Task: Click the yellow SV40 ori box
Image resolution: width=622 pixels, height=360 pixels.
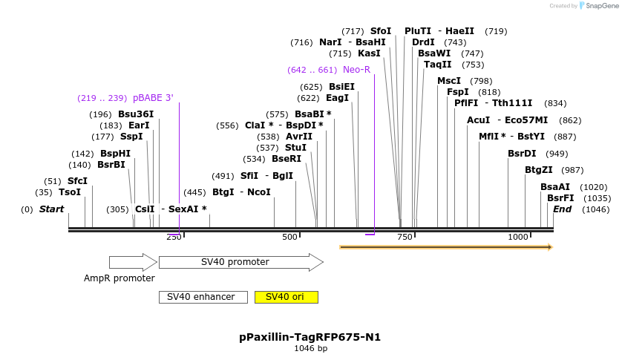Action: coord(286,297)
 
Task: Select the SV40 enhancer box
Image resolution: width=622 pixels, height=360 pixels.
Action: coord(202,297)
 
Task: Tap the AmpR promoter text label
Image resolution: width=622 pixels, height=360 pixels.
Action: coord(120,278)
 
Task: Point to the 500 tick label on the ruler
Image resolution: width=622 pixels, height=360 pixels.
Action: coord(289,237)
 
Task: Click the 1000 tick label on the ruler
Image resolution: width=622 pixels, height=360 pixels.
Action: coord(517,237)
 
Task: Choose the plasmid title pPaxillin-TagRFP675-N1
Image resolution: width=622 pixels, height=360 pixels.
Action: coord(310,337)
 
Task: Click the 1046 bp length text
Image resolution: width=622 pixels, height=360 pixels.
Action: coord(310,348)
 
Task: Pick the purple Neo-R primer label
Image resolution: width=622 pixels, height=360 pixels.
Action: coord(356,70)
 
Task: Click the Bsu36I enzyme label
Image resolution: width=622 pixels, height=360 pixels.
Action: coord(136,114)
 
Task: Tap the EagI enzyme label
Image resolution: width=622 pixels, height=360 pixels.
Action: coord(337,98)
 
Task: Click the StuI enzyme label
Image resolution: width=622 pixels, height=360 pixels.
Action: coord(295,148)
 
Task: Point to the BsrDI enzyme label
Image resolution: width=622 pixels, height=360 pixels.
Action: coord(522,154)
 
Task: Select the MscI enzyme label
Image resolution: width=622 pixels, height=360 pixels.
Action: coord(449,81)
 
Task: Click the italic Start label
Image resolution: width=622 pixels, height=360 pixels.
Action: coord(51,209)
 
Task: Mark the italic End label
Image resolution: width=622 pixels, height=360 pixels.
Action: coord(562,209)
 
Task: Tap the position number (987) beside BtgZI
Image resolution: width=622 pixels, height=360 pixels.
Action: coord(572,170)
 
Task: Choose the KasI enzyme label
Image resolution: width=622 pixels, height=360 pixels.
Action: coord(369,53)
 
